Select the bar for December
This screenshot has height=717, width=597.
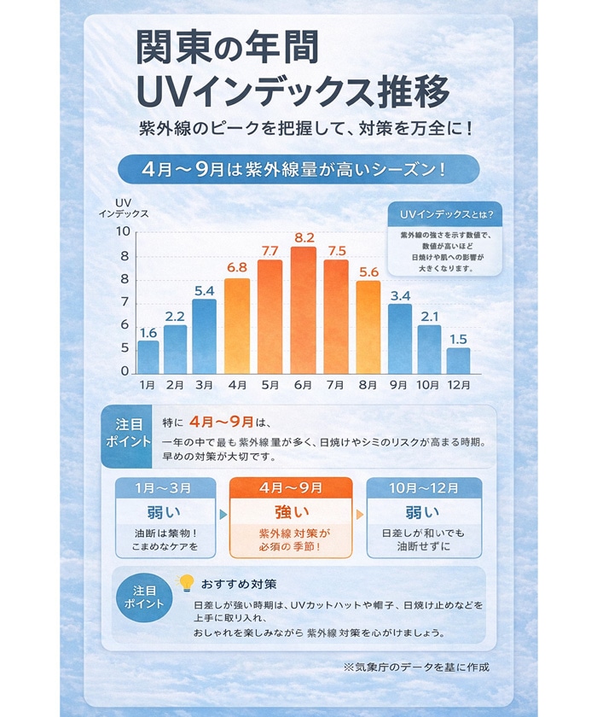[458, 360]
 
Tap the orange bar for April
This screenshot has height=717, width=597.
[237, 325]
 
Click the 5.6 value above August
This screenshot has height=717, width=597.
[368, 271]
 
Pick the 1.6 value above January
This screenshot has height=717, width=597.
[148, 333]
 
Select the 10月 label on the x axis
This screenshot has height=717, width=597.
[428, 385]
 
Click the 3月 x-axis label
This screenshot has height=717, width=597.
[204, 385]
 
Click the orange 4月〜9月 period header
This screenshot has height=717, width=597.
[291, 487]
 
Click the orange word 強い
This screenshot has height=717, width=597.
[290, 513]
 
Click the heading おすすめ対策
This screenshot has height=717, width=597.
[239, 585]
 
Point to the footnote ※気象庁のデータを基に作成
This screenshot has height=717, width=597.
[416, 667]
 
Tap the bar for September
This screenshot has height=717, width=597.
[400, 338]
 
